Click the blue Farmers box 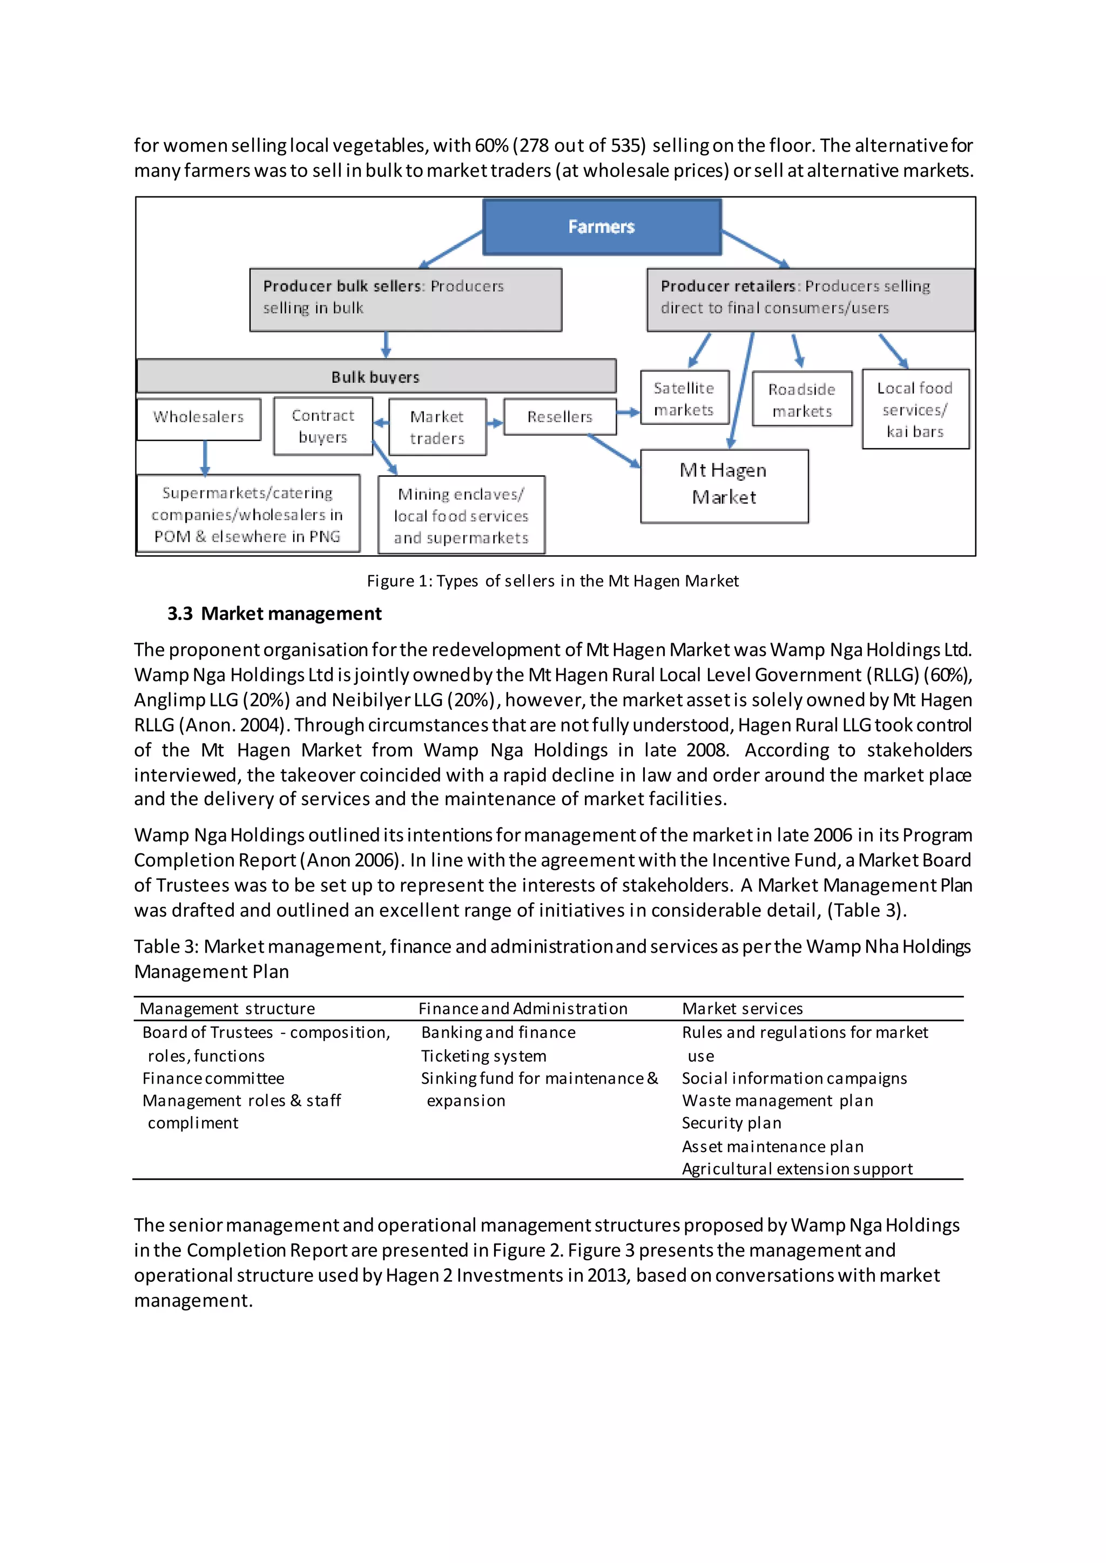pyautogui.click(x=602, y=227)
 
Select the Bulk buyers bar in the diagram pyautogui.click(x=376, y=377)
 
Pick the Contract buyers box pyautogui.click(x=323, y=426)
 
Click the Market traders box pyautogui.click(x=437, y=427)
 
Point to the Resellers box pyautogui.click(x=560, y=417)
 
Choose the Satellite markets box pyautogui.click(x=684, y=398)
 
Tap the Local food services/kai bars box pyautogui.click(x=915, y=409)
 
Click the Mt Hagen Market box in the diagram pyautogui.click(x=724, y=485)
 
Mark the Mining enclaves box pyautogui.click(x=461, y=515)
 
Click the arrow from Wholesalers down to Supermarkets pyautogui.click(x=205, y=458)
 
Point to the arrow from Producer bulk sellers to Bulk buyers pyautogui.click(x=386, y=345)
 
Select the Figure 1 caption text pyautogui.click(x=552, y=581)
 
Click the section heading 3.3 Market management pyautogui.click(x=274, y=613)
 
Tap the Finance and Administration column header pyautogui.click(x=522, y=1008)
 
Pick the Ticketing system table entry pyautogui.click(x=483, y=1056)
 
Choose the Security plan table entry pyautogui.click(x=731, y=1123)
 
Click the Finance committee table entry pyautogui.click(x=213, y=1078)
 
